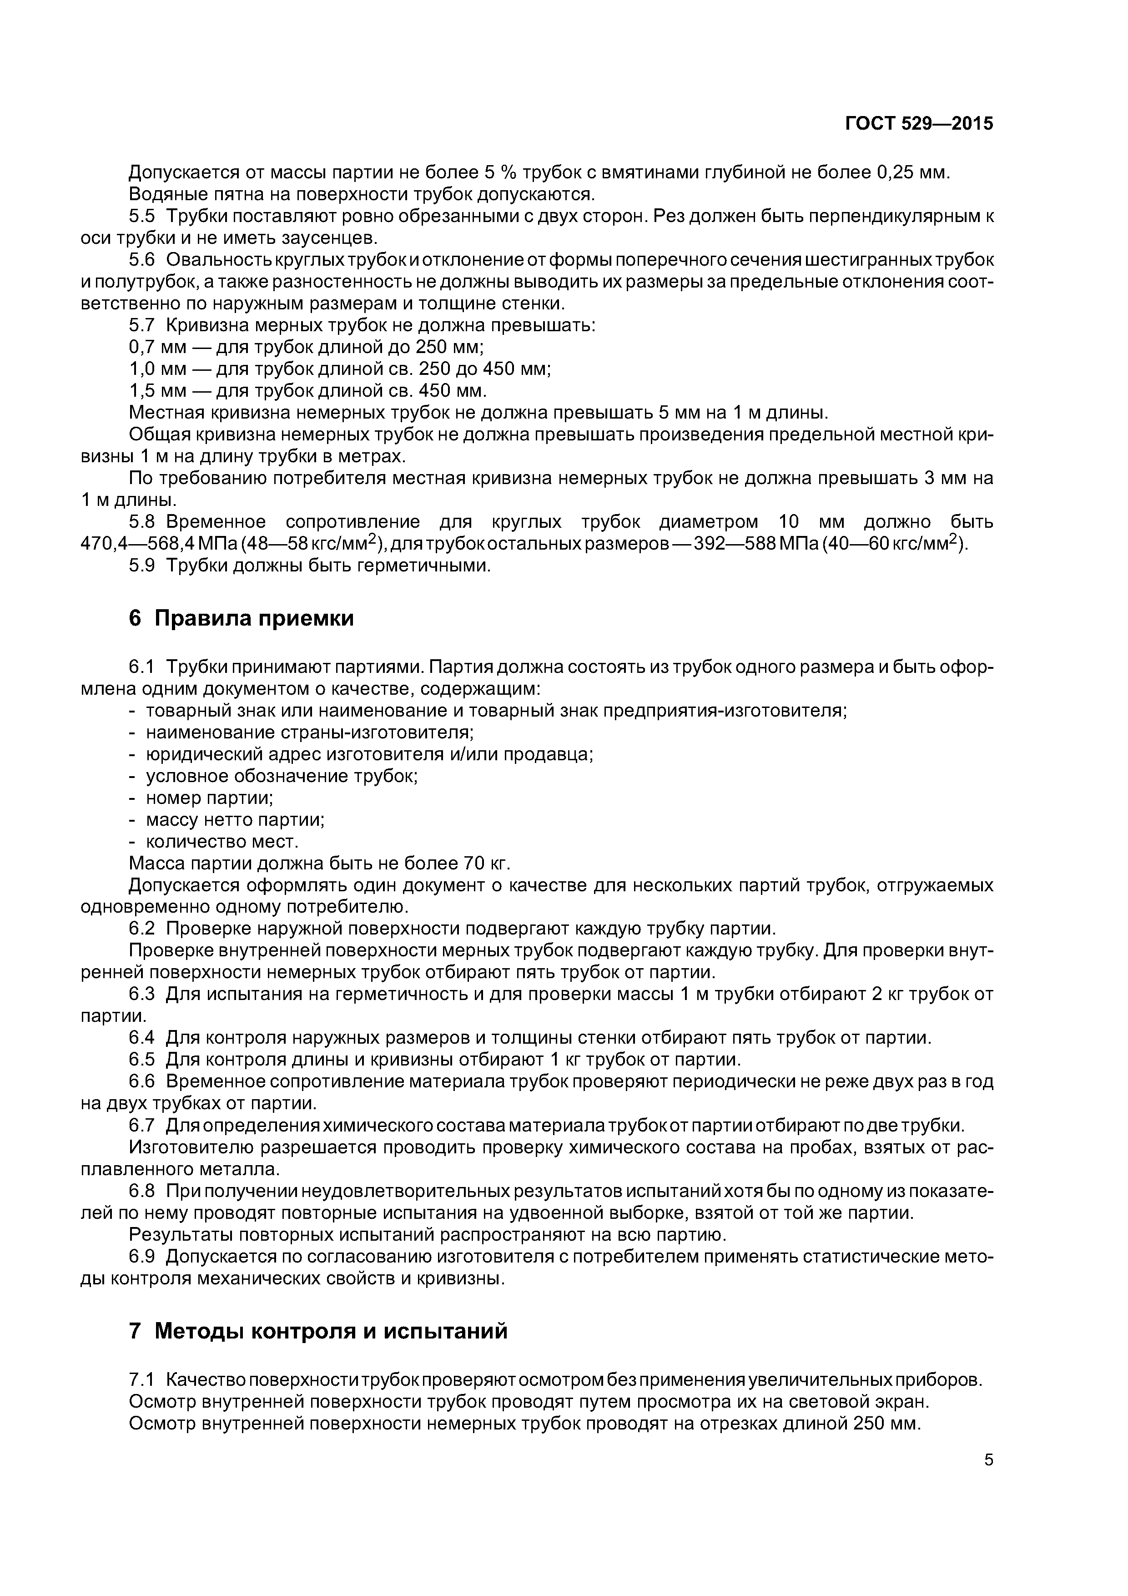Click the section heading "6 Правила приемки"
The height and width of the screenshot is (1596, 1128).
click(241, 618)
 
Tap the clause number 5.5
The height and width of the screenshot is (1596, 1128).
click(143, 216)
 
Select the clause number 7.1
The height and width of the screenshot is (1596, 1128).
click(143, 1379)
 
